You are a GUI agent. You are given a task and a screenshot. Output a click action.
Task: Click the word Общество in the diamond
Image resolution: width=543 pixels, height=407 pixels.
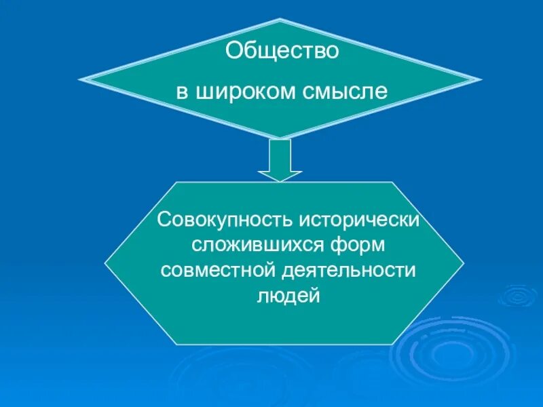(282, 52)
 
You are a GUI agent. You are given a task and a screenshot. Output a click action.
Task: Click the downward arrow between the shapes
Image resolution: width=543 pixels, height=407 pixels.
(280, 160)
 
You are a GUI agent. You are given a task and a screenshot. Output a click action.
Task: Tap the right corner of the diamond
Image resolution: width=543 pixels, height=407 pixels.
(481, 81)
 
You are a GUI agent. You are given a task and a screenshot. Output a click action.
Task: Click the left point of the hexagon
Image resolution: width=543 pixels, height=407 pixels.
(105, 264)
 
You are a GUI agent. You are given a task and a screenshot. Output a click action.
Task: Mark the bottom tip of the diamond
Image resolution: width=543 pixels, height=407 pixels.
(280, 138)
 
